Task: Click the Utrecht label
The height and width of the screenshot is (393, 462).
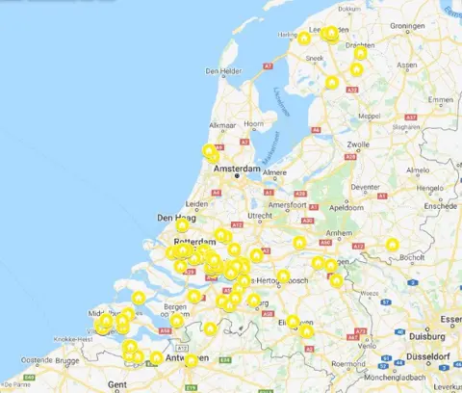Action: pyautogui.click(x=260, y=216)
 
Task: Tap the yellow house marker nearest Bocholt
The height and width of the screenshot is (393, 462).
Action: pyautogui.click(x=392, y=245)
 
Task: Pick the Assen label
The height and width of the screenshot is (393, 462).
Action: pyautogui.click(x=407, y=65)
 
